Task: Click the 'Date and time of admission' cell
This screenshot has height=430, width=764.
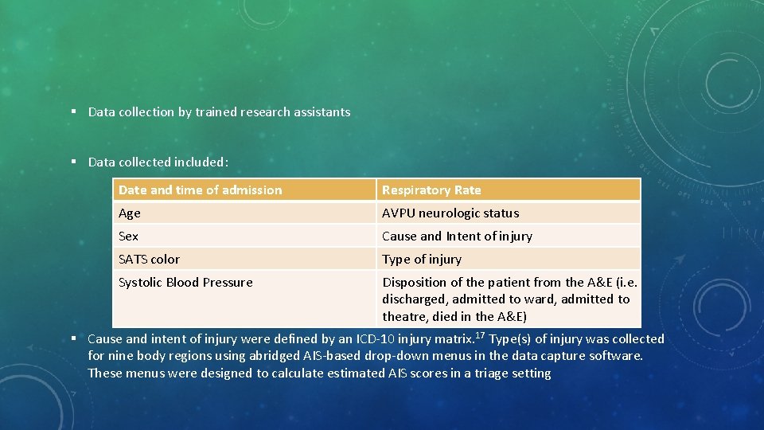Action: coord(200,190)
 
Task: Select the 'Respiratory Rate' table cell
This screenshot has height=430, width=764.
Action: coord(431,190)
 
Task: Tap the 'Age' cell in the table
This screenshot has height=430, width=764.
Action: coord(130,213)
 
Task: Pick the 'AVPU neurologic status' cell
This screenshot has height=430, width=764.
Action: coord(450,213)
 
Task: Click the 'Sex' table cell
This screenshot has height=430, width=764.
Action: coord(128,236)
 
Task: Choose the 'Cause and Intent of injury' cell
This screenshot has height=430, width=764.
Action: coord(457,236)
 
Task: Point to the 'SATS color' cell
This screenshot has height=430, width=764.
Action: coord(149,259)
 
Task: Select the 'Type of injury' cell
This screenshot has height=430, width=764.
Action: coord(422,259)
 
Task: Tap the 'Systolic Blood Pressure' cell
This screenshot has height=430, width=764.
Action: coord(185,282)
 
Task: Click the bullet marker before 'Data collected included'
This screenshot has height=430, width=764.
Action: coord(72,162)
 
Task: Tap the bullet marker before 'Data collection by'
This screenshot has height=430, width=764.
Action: coord(72,112)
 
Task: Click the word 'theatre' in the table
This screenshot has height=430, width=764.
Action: coord(405,316)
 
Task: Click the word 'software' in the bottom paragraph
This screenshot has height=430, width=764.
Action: coord(616,356)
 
